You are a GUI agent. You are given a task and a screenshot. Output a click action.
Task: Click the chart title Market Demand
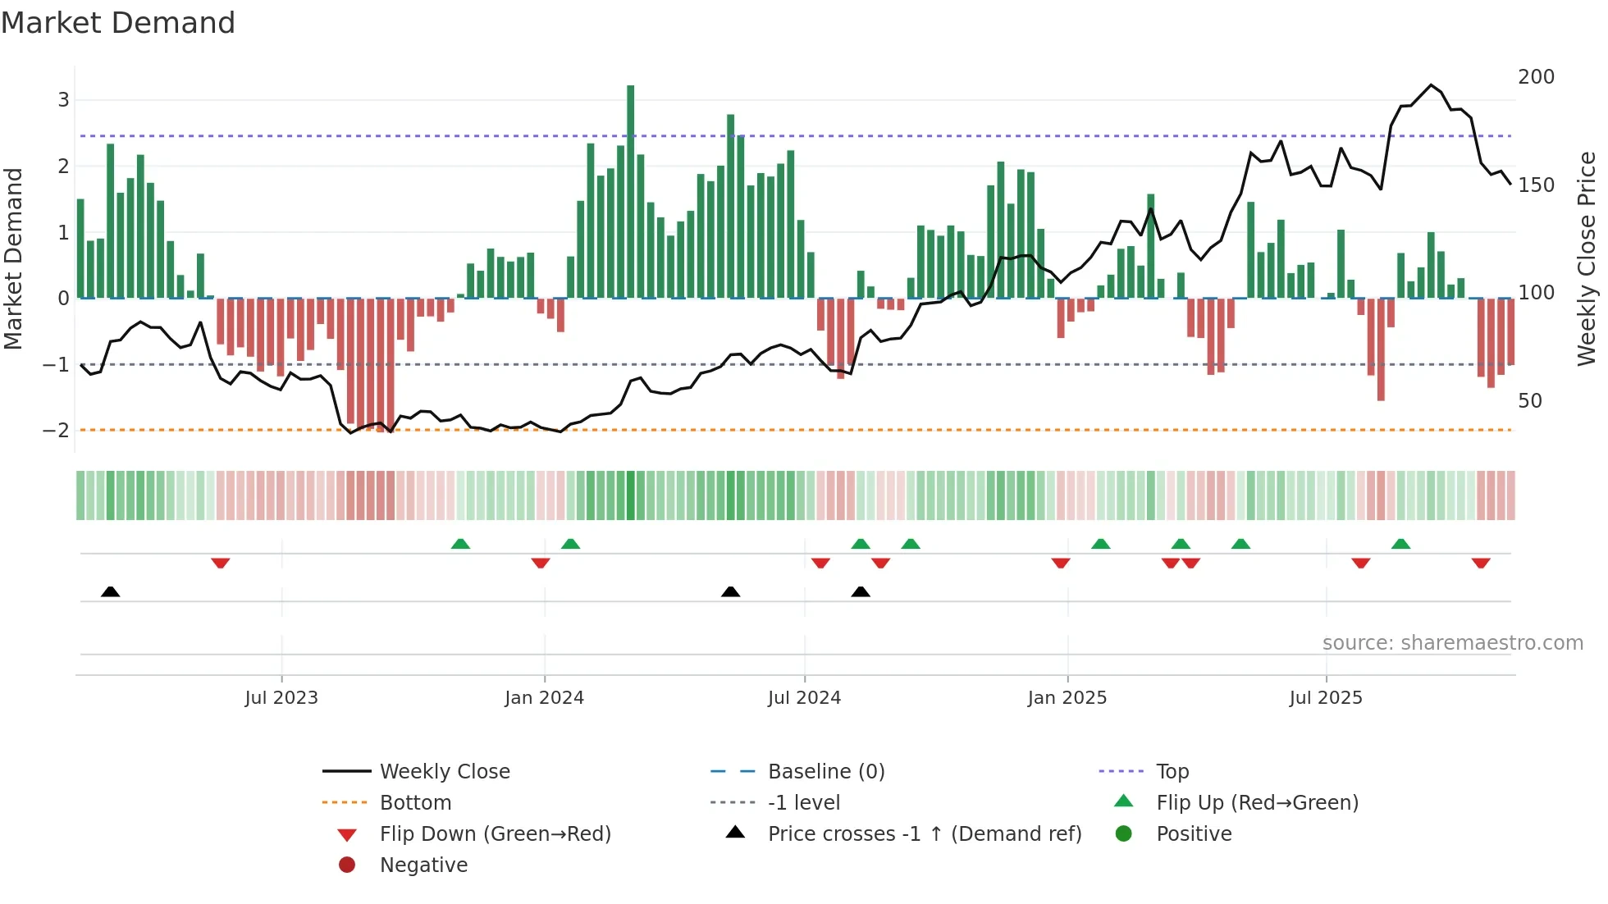(118, 23)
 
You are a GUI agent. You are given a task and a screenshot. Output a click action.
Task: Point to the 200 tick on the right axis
(1536, 77)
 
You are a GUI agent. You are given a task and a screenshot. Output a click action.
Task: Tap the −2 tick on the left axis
(57, 431)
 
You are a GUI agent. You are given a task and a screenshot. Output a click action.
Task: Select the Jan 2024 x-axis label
(544, 698)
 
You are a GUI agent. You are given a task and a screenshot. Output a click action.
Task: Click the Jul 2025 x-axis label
(1325, 698)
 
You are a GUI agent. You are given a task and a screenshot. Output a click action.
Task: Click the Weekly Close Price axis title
(1587, 258)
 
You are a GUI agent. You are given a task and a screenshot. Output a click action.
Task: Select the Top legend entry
(1172, 772)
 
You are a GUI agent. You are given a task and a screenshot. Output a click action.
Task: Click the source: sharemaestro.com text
(1452, 643)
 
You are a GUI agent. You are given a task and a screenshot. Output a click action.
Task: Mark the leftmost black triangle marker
(111, 591)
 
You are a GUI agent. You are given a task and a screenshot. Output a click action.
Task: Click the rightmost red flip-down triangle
(1481, 563)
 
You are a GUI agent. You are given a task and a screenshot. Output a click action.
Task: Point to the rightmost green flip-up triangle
(1401, 544)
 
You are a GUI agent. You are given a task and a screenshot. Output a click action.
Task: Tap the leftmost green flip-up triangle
(460, 544)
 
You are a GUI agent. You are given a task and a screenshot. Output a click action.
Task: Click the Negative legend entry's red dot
(347, 865)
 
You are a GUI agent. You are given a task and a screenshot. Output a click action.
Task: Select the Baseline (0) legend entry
(825, 772)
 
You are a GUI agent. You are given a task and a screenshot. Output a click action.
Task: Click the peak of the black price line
(1431, 85)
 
